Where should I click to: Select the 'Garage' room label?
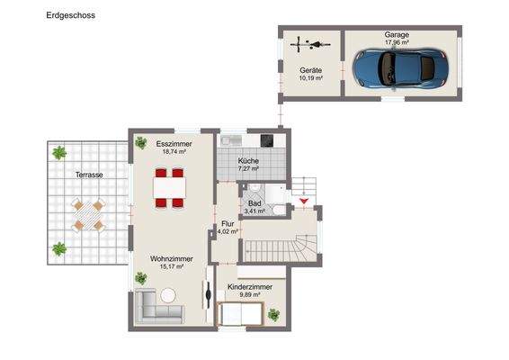coord(397,35)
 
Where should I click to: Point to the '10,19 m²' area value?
coord(310,78)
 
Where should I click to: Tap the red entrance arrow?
coord(304,200)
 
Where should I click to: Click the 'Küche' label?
coord(248,160)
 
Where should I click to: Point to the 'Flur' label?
coord(228,224)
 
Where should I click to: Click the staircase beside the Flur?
coord(281,243)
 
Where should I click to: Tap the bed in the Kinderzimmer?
coord(239,314)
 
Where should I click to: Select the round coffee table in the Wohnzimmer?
coord(168,293)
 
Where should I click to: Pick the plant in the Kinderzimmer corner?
coord(274,315)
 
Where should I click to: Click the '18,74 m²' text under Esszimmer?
coord(173,152)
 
